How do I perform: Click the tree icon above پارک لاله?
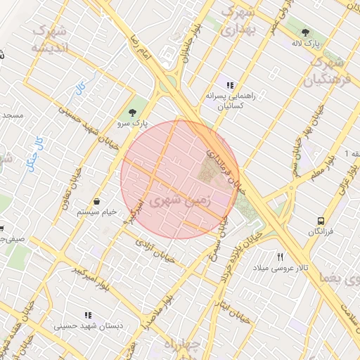(305, 32)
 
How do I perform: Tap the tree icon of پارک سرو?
(132, 112)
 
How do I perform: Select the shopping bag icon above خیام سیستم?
(96, 202)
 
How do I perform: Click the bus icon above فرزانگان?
(321, 221)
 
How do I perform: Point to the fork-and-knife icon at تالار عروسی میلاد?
(281, 257)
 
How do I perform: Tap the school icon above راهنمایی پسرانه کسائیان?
(230, 85)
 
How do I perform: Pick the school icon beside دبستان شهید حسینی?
(88, 316)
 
